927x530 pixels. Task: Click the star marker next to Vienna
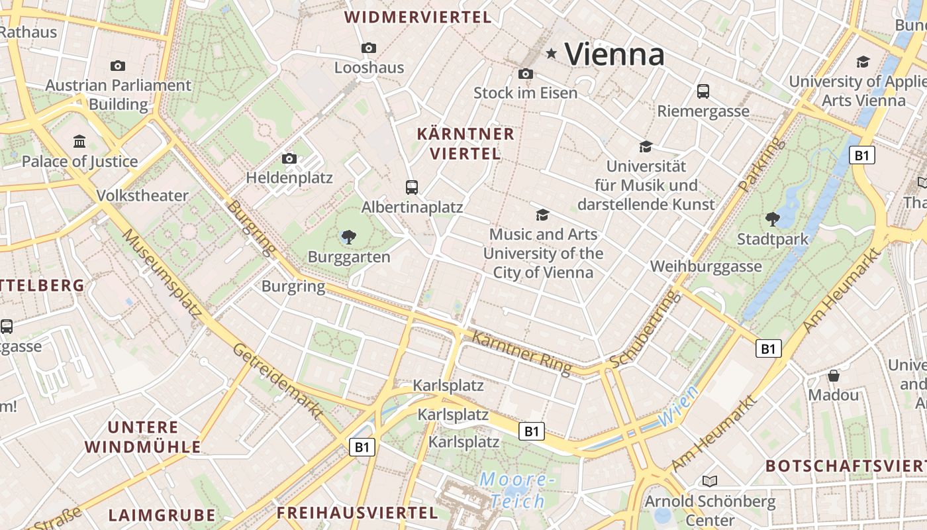pos(551,53)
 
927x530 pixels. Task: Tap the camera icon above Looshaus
pos(369,48)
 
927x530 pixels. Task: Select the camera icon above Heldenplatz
pos(289,158)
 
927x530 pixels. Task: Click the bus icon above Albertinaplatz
pos(412,187)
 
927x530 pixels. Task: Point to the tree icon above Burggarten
pos(348,237)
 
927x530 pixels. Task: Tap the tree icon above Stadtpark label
pos(772,219)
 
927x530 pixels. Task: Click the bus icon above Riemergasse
pos(703,91)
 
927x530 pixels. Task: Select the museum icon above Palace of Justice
pos(79,141)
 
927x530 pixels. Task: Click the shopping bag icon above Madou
pos(834,376)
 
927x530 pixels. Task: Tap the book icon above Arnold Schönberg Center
pos(710,480)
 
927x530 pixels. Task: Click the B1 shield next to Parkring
pos(861,156)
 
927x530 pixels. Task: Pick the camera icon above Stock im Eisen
pos(526,74)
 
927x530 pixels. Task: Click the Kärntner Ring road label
pos(521,353)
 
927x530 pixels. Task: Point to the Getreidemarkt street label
pos(277,381)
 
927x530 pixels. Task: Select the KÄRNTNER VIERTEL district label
pos(465,144)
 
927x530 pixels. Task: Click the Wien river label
pos(679,406)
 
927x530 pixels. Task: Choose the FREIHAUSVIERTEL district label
pos(357,513)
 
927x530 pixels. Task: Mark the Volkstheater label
pos(142,195)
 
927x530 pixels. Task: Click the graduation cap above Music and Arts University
pos(542,215)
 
